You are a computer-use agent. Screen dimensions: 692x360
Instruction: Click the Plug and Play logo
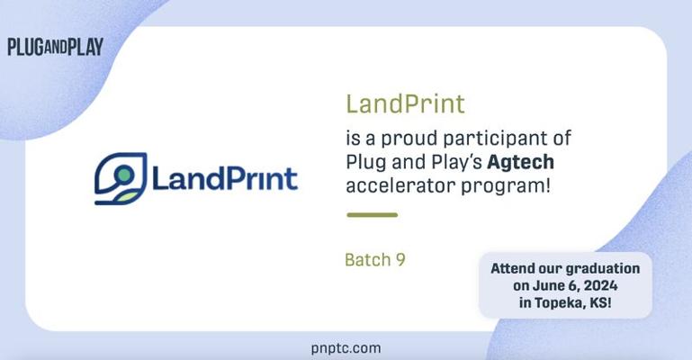pos(55,47)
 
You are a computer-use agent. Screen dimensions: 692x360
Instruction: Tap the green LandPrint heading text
pos(405,104)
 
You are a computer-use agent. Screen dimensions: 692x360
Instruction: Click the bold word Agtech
pos(520,162)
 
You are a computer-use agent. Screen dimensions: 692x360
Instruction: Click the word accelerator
pos(400,185)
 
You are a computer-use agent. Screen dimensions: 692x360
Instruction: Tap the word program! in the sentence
pos(506,186)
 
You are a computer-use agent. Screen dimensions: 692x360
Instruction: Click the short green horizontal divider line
pos(372,215)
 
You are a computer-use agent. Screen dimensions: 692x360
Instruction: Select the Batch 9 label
pos(374,260)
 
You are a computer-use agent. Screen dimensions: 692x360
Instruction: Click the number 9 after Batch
pos(400,260)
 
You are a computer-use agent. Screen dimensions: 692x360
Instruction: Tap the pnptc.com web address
pos(346,348)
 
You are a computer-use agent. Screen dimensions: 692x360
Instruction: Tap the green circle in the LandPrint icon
pos(124,175)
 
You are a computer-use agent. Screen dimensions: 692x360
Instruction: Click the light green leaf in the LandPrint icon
pos(127,197)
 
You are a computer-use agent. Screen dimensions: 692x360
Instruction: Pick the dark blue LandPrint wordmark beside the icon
pos(225,179)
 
